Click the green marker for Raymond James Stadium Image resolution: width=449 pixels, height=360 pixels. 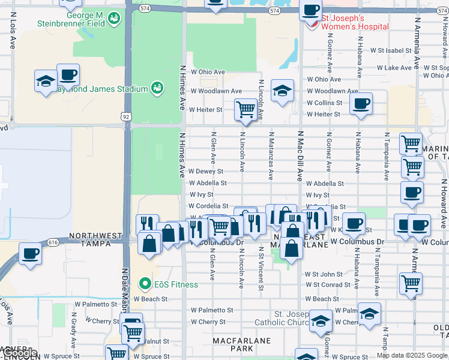[157, 89]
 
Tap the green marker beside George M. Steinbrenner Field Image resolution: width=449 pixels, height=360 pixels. [113, 20]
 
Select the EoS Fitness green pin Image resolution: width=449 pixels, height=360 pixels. [145, 284]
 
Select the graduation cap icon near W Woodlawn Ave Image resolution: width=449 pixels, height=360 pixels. [282, 91]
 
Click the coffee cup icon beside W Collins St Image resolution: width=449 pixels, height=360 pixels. [360, 103]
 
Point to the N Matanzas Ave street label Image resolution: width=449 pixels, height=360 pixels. [271, 156]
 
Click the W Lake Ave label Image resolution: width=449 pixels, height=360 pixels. [398, 68]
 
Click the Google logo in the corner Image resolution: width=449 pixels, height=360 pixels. [19, 353]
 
